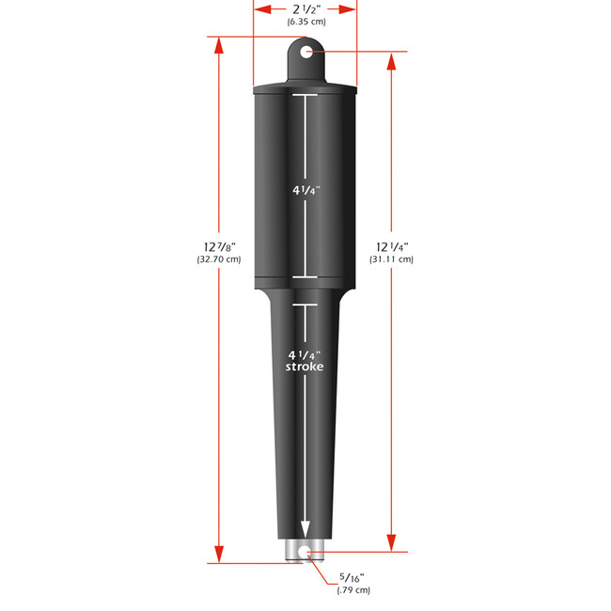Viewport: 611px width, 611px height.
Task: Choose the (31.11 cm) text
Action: (x=390, y=260)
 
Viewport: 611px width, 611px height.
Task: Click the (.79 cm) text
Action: (x=353, y=591)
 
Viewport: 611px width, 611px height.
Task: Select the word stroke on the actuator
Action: (x=305, y=368)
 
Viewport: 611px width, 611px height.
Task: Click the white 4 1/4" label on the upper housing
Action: (x=305, y=188)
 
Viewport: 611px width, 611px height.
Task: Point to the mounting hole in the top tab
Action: (x=305, y=54)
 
